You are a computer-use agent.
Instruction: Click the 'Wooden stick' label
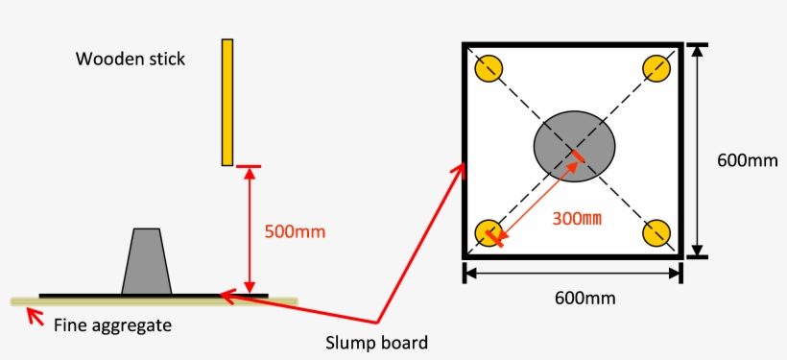click(x=131, y=60)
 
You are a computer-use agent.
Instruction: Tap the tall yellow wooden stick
click(x=227, y=102)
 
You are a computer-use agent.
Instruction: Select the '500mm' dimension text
click(x=295, y=231)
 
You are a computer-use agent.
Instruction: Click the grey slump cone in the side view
click(x=147, y=262)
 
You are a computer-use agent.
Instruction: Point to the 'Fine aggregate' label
click(x=113, y=325)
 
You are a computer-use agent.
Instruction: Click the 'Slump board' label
click(x=376, y=342)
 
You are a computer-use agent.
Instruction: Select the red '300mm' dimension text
click(x=577, y=218)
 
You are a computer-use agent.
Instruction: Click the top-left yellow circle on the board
click(x=489, y=68)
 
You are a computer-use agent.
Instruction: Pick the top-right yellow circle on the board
click(x=657, y=68)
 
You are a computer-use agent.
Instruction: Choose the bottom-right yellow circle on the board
click(x=657, y=233)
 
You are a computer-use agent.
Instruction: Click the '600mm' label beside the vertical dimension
click(x=748, y=160)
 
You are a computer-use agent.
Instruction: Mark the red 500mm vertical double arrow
click(x=250, y=230)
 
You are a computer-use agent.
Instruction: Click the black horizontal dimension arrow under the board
click(x=574, y=274)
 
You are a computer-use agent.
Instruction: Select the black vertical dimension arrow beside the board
click(x=699, y=151)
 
